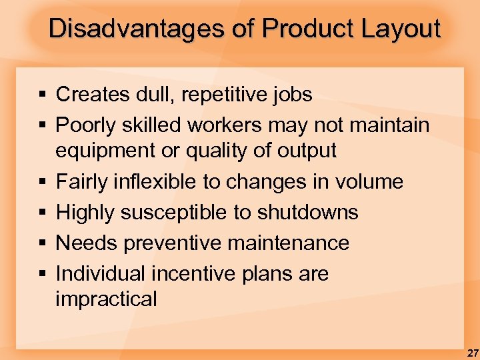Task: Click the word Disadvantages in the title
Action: pyautogui.click(x=137, y=29)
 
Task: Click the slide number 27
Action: pyautogui.click(x=471, y=351)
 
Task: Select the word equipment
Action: pyautogui.click(x=105, y=151)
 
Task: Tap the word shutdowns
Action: pyautogui.click(x=307, y=212)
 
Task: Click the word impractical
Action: pyautogui.click(x=106, y=299)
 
